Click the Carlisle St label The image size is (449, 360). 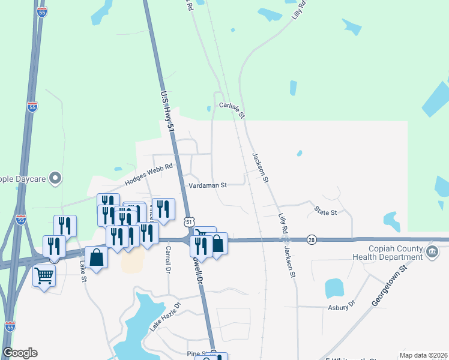pos(232,109)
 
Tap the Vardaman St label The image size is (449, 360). pos(207,185)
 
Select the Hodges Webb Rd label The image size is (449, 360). pos(149,175)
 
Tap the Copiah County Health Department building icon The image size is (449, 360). pos(432,251)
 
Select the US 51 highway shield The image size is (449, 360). pos(189,222)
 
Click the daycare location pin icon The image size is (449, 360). pos(55,178)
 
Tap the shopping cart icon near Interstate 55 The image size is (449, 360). pos(44,276)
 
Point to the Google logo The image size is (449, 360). pos(20,353)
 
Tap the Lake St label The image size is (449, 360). pos(83,266)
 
